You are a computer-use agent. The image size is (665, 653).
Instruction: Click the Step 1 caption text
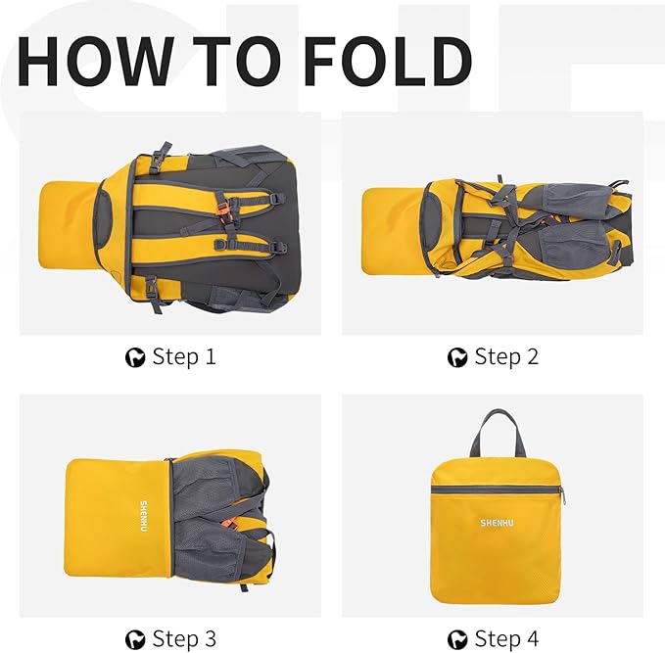[183, 357]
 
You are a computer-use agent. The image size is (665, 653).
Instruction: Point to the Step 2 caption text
[506, 357]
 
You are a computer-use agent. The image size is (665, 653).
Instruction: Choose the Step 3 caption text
[183, 639]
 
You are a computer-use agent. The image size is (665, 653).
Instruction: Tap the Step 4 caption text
[506, 639]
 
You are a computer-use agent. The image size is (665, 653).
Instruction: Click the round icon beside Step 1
[135, 357]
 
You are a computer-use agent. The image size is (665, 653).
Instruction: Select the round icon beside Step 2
[457, 357]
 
